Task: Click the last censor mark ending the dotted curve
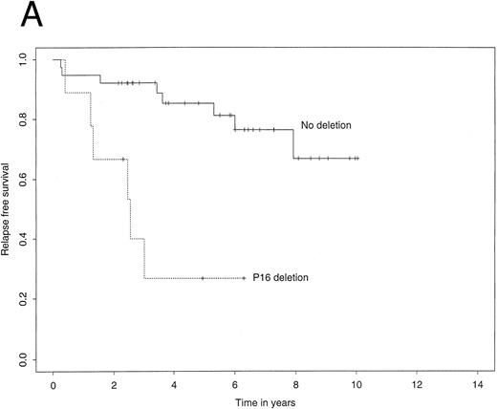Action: tap(244, 278)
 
